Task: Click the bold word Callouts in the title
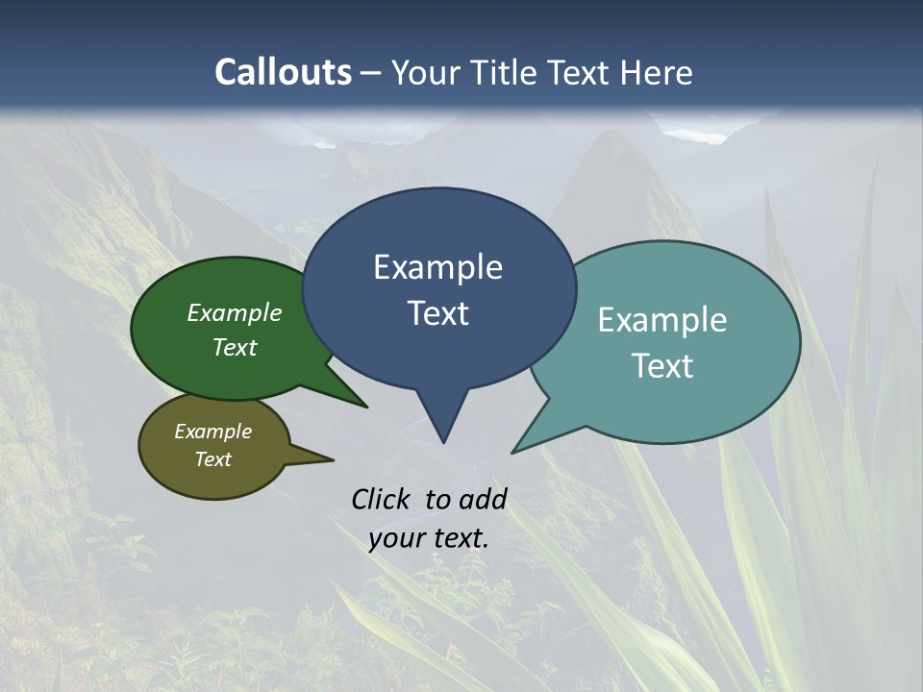point(283,73)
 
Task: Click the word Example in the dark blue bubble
point(437,267)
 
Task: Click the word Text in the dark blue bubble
point(437,313)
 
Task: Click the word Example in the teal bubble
point(662,320)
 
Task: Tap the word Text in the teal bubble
point(662,366)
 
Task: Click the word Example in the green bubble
point(235,312)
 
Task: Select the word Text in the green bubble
point(235,347)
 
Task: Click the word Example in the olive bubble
point(212,432)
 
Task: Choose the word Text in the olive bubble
point(212,459)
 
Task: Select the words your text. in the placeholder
point(428,538)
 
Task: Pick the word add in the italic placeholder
point(483,499)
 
